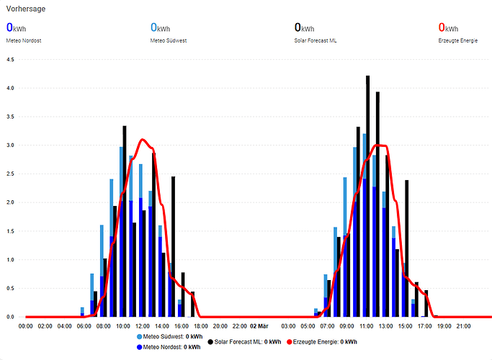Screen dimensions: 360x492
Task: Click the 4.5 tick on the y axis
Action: pos(10,60)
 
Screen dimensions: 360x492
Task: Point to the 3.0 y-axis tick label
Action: pos(10,145)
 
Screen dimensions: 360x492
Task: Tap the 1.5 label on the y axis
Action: pos(10,231)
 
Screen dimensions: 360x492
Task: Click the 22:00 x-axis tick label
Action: pos(241,326)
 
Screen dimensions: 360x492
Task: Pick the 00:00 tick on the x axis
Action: pos(25,326)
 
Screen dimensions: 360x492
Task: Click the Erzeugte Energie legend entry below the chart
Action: pos(325,341)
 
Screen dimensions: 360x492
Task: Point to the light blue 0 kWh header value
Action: pos(160,28)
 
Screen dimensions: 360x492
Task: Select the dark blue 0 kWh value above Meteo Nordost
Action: pos(16,28)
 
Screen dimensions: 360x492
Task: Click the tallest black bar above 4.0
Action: pos(367,194)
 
